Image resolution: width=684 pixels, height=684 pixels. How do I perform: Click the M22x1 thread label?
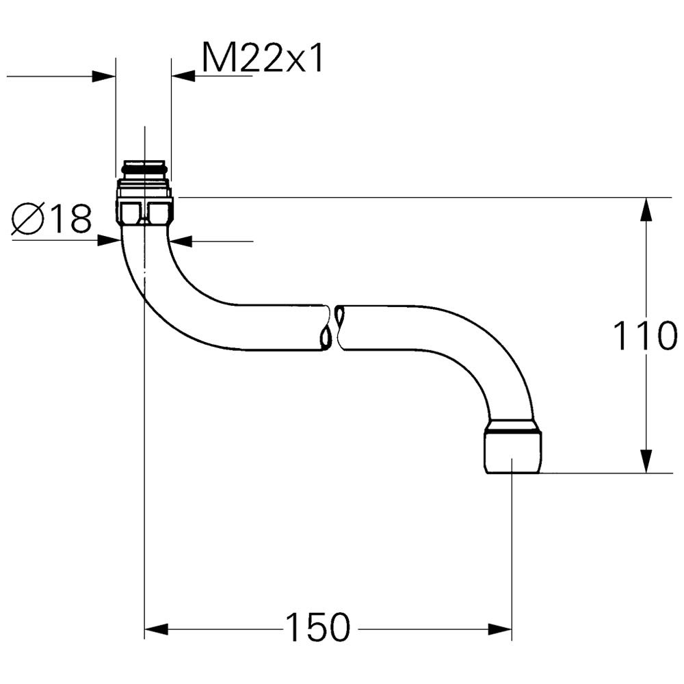263,58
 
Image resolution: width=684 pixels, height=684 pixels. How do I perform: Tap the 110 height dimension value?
645,335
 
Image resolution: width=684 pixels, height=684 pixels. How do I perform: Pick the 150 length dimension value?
317,627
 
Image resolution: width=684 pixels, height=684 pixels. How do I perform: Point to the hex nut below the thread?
145,211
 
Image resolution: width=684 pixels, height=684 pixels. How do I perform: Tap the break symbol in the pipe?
333,327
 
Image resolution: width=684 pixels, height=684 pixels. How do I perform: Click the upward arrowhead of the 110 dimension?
646,209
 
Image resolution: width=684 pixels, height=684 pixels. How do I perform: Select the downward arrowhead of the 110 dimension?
646,460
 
